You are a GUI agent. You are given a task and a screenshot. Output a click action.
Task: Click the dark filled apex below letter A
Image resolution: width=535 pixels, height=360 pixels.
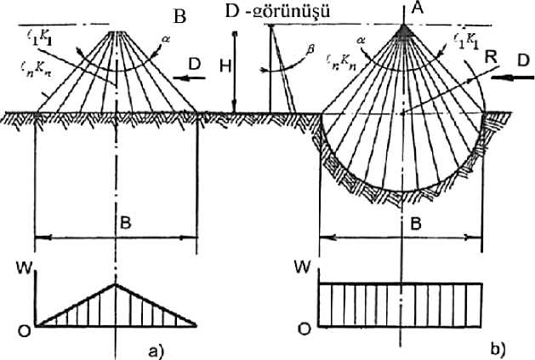click(x=404, y=32)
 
